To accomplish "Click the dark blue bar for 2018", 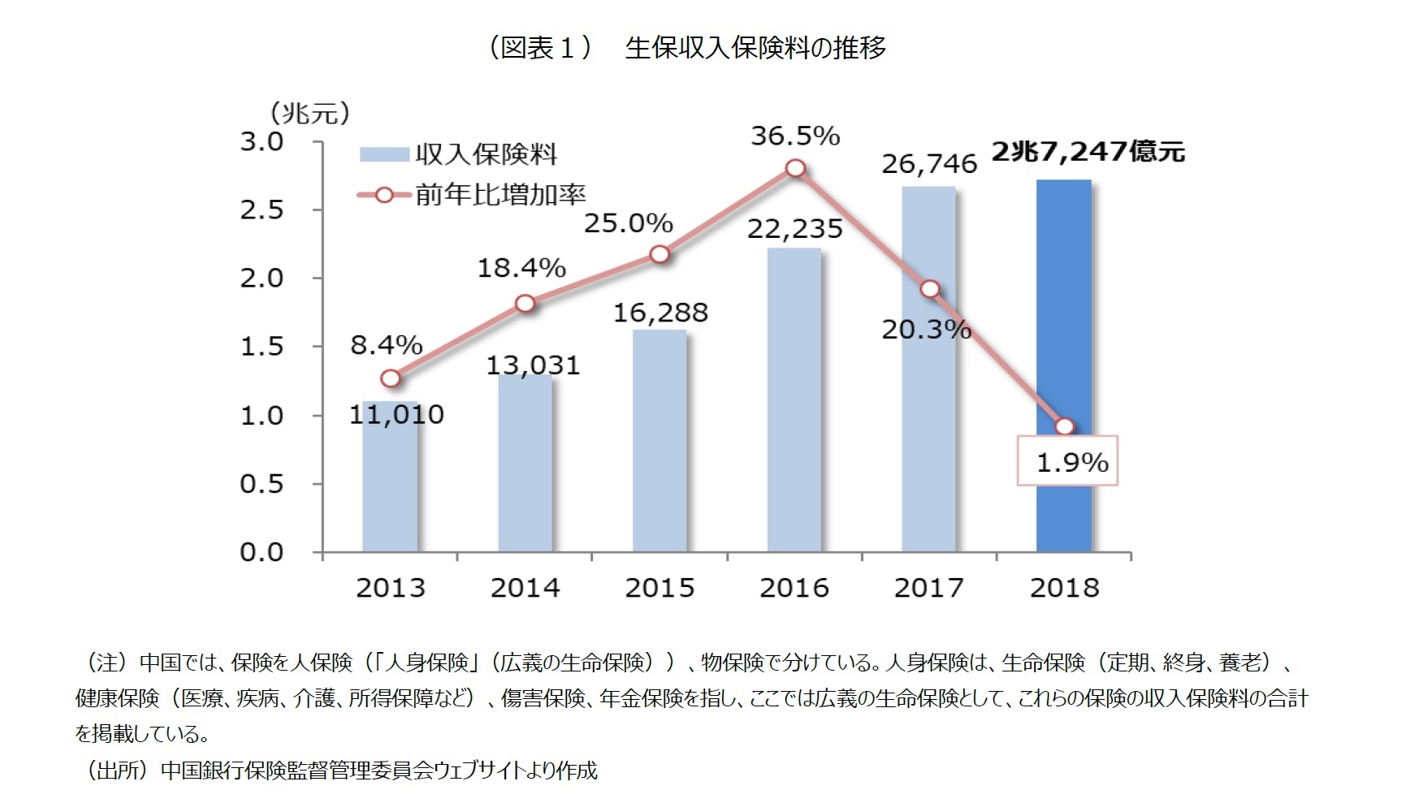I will click(x=1063, y=365).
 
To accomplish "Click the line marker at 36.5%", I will click(x=795, y=168).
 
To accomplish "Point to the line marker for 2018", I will click(x=1064, y=427).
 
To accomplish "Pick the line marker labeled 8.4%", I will click(x=391, y=378).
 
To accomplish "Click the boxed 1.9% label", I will click(x=1068, y=461).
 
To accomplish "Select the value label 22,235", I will click(x=794, y=229).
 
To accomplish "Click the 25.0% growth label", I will click(x=628, y=222).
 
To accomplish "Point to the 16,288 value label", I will click(x=660, y=313).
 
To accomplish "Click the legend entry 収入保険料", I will click(x=485, y=155).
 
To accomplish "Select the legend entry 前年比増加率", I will click(x=500, y=195).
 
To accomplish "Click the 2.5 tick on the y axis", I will click(x=262, y=210).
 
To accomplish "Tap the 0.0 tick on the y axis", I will click(x=262, y=553).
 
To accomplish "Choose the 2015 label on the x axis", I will click(x=660, y=588).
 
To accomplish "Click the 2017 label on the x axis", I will click(x=928, y=588).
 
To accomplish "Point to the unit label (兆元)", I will click(x=309, y=113).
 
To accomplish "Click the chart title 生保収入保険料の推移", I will click(x=755, y=48).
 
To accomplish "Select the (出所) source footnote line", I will click(x=341, y=770).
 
